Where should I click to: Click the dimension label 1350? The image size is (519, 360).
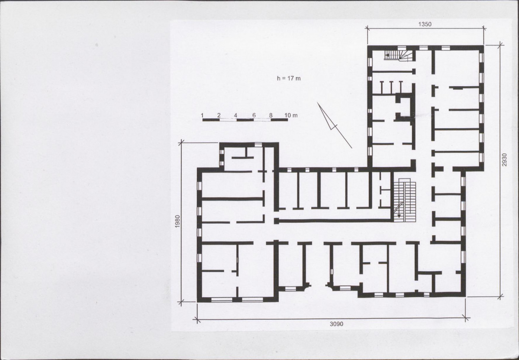coord(425,24)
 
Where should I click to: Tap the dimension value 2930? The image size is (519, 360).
coord(504,160)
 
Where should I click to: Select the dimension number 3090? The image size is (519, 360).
coord(336,324)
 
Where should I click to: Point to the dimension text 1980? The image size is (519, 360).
coord(177,221)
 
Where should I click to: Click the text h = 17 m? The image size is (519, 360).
coord(289,78)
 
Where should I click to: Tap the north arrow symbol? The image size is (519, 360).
coord(334,125)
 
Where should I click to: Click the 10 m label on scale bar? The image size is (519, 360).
coord(291,115)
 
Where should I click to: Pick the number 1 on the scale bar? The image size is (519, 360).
coord(202,115)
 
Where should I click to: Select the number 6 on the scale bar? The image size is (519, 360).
coord(254,115)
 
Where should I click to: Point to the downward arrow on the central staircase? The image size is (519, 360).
coord(399,210)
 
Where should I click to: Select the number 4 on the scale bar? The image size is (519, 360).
coord(235,115)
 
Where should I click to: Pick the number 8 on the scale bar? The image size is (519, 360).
coord(271,115)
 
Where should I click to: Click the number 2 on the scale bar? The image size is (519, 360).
coord(219,115)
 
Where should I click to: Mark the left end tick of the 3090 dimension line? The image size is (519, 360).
coord(197,320)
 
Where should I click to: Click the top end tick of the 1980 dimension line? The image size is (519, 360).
coord(181,143)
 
